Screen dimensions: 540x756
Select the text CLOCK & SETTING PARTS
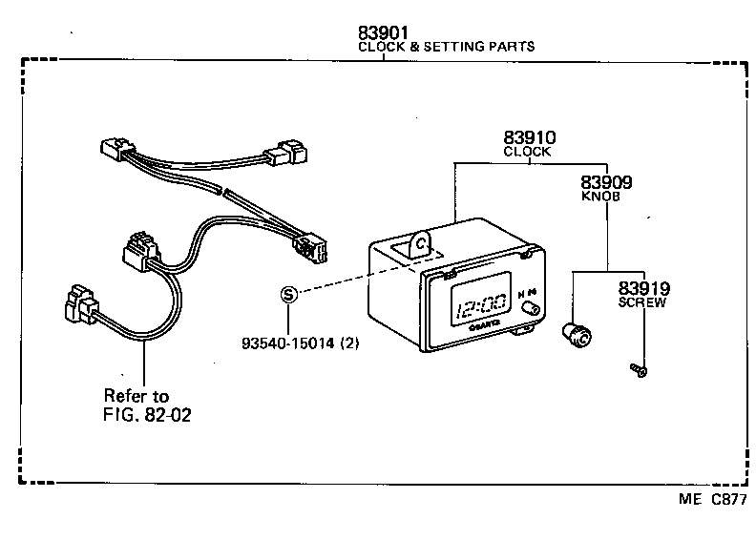click(446, 46)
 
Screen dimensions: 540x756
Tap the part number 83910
click(529, 138)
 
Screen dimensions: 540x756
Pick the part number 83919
click(642, 288)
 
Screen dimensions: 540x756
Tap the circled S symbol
click(290, 295)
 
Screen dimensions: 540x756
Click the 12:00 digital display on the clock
click(481, 308)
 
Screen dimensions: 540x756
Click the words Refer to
click(136, 395)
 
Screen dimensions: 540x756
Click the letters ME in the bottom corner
click(689, 498)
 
